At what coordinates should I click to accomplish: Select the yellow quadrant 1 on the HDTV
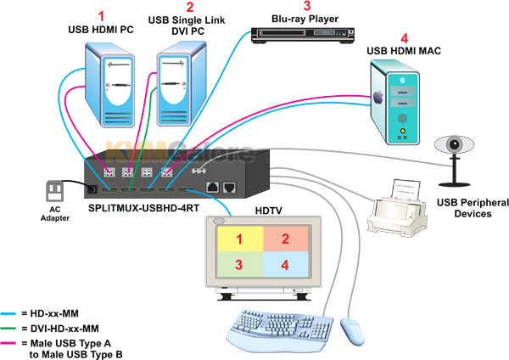(240, 239)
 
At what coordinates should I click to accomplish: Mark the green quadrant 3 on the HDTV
(240, 267)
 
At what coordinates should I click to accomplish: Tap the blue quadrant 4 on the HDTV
(285, 266)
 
